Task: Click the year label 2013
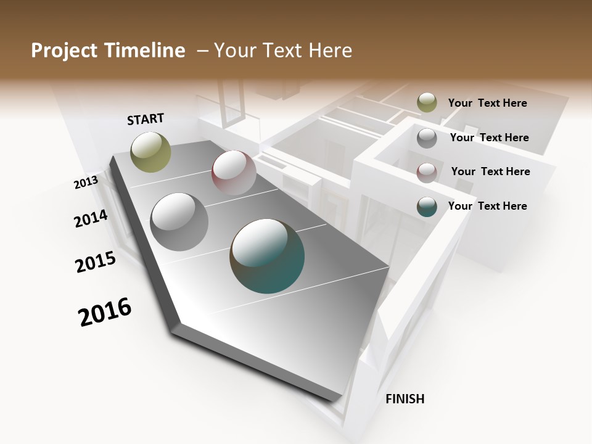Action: [x=86, y=183]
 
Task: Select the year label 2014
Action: [x=91, y=218]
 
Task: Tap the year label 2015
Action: [x=96, y=262]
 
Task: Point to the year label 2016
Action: [x=105, y=312]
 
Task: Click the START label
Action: [x=146, y=119]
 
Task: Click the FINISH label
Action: [x=405, y=399]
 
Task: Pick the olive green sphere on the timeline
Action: [x=150, y=152]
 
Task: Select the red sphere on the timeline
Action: [x=234, y=173]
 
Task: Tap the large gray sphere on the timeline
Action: [x=179, y=221]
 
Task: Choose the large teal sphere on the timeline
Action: [x=267, y=256]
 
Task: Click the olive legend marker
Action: [x=427, y=103]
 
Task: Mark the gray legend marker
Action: [x=427, y=138]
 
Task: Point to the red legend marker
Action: [x=427, y=172]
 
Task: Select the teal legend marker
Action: [x=427, y=207]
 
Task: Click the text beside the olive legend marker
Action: [x=487, y=103]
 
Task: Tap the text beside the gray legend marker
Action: [x=489, y=138]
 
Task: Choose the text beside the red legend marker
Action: [x=490, y=171]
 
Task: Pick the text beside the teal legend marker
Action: [x=487, y=206]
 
